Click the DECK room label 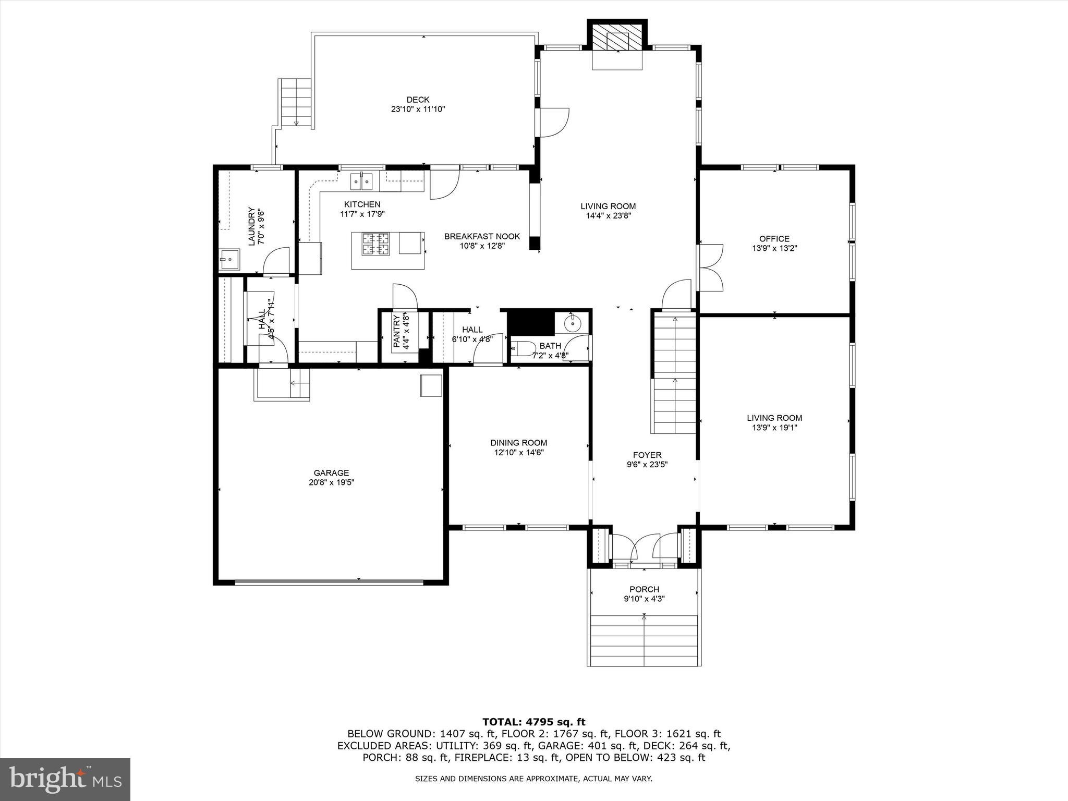[418, 100]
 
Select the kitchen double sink [361, 182]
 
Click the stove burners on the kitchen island [376, 244]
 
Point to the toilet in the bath [523, 348]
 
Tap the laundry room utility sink [228, 258]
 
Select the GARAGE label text [331, 473]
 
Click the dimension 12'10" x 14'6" [519, 453]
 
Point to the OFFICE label [774, 239]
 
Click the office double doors [710, 268]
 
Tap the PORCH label [644, 589]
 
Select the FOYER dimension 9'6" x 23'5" [647, 465]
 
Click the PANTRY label [396, 331]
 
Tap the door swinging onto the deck [553, 123]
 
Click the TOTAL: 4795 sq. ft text [533, 722]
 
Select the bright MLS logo [65, 780]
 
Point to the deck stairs [296, 103]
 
